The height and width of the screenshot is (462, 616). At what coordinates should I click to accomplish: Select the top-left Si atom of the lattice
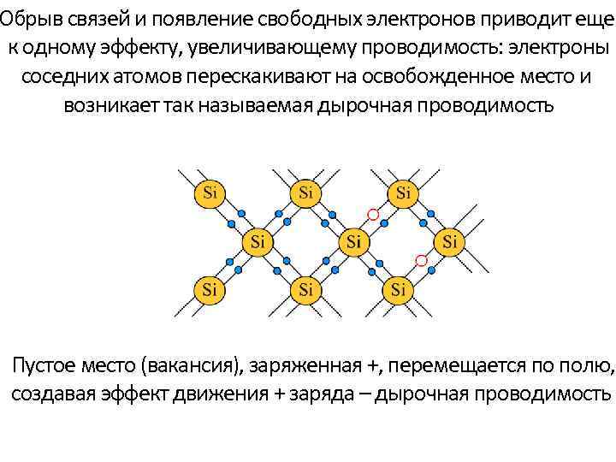[x=209, y=192]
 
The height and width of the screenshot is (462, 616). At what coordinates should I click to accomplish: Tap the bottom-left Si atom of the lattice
[x=209, y=290]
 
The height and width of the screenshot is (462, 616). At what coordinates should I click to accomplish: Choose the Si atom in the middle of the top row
[x=306, y=192]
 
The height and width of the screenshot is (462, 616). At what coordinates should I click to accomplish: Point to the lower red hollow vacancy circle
[x=421, y=260]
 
